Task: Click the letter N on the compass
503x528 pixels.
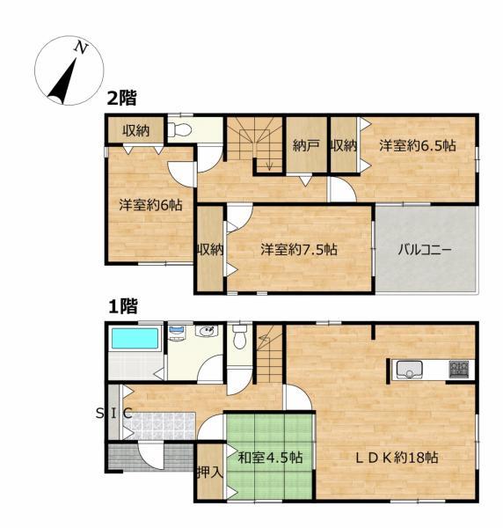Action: [80, 48]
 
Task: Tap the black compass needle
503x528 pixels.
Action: [63, 82]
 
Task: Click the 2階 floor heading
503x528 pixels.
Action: [122, 99]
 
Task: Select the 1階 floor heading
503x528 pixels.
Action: [123, 306]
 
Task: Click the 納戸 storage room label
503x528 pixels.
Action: [306, 145]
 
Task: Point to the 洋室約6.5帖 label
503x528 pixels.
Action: [418, 145]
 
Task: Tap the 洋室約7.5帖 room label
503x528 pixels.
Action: [299, 250]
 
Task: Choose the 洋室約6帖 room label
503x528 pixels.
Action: [150, 205]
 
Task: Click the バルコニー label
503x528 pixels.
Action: [424, 250]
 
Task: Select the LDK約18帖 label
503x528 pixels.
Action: [397, 458]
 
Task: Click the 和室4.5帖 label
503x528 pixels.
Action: [270, 458]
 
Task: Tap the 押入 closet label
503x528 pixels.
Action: [210, 472]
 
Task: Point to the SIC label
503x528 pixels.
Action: [113, 414]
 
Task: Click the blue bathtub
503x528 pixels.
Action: [135, 338]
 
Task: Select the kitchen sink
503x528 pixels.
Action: [409, 370]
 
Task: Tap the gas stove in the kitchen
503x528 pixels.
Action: [458, 369]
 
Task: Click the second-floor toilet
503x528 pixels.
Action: [179, 129]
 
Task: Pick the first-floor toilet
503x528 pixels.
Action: [239, 336]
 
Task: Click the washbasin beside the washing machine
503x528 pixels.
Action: [207, 331]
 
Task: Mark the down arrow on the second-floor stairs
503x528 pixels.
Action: [269, 165]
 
